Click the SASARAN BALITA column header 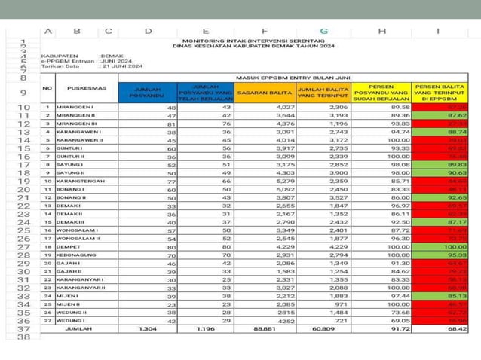(262, 93)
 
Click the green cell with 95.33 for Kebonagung (457, 255)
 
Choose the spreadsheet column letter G (323, 31)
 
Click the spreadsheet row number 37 (23, 329)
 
